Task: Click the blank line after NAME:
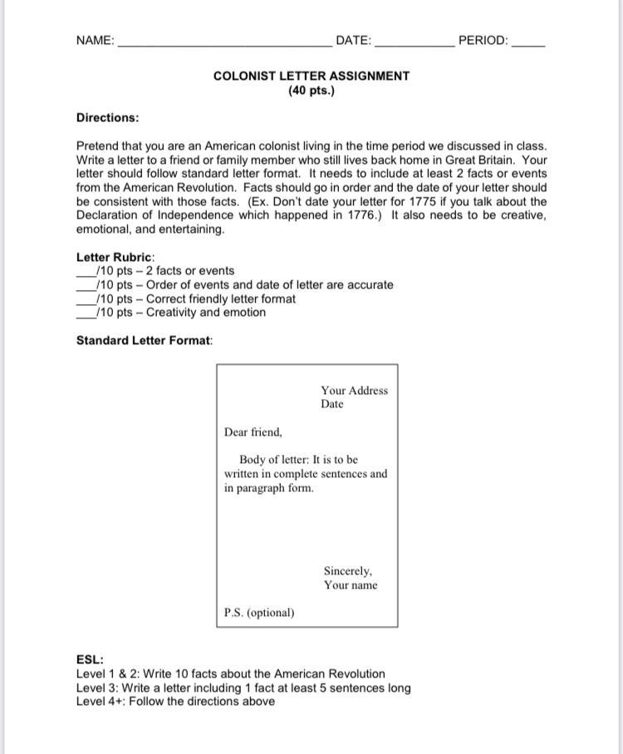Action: coord(224,42)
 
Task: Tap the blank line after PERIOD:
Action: coord(528,42)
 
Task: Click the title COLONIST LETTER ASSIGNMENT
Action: coord(311,76)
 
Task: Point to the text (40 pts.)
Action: coord(311,90)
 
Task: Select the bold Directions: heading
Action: coord(107,118)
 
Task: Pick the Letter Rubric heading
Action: coord(115,257)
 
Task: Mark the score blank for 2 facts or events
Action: coord(86,274)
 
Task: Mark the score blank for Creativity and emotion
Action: coord(86,315)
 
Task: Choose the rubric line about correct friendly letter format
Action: coord(196,298)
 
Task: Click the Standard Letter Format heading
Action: coord(145,340)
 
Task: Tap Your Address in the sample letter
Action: coord(354,391)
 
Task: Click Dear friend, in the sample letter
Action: coord(253,432)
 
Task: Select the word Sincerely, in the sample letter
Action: coord(348,571)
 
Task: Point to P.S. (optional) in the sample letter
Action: coord(259,613)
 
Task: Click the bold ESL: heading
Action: coord(90,660)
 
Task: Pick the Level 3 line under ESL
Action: coord(243,687)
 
